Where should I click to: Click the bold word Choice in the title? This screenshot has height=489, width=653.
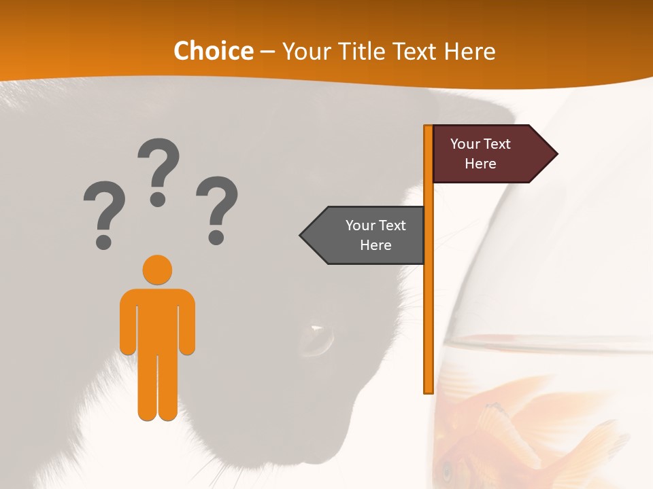coord(213,51)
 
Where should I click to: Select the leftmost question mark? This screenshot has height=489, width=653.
coord(104,214)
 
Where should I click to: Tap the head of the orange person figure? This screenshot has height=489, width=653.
coord(157,270)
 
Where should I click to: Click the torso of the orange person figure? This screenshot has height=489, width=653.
coord(157,319)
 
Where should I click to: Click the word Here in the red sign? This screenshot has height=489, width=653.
coord(480,164)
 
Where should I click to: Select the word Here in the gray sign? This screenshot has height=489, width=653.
coord(375,245)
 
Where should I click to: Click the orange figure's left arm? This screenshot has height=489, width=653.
coord(128,323)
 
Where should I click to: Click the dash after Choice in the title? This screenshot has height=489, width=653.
coord(267,51)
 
